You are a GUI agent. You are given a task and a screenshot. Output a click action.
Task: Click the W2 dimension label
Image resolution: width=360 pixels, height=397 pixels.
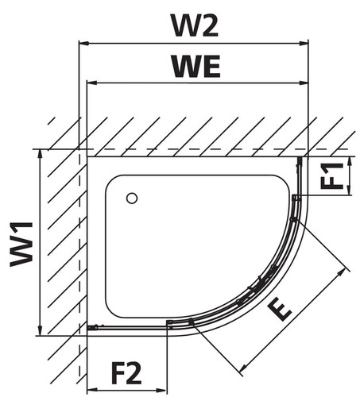[x=195, y=25]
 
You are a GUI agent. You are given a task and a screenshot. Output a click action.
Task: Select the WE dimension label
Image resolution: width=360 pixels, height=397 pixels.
[x=196, y=66]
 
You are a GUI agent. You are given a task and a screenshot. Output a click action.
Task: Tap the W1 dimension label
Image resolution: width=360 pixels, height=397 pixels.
[x=21, y=245]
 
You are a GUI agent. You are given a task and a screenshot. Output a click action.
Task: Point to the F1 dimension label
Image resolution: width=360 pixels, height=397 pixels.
[x=331, y=175]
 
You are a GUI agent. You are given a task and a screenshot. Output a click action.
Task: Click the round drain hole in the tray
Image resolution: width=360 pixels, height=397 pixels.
[x=132, y=198]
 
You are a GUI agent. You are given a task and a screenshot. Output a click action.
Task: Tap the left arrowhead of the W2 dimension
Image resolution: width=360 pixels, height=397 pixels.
[x=83, y=44]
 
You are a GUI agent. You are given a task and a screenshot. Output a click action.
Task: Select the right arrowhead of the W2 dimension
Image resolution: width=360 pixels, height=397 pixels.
[x=304, y=44]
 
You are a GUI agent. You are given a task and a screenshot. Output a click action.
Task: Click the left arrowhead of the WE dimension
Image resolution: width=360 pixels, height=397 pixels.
[x=91, y=83]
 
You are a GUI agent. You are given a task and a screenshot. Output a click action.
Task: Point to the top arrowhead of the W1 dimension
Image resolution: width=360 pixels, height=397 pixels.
[x=40, y=154]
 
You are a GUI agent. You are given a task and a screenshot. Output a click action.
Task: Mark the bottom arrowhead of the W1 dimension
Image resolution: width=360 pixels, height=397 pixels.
[x=40, y=331]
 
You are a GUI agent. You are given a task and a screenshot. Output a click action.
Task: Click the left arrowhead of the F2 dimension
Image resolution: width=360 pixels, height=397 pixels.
[x=91, y=390]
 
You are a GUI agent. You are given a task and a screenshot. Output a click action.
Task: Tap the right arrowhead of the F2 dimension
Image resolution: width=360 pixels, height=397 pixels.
[x=163, y=390]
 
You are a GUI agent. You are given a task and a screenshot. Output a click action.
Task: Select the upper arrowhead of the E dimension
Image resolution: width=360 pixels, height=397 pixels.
[x=343, y=272]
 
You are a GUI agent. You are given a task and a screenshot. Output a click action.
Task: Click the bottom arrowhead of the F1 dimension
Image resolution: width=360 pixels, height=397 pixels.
[x=350, y=191]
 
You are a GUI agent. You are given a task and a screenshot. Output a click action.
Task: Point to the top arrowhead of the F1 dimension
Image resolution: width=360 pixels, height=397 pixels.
[x=350, y=161]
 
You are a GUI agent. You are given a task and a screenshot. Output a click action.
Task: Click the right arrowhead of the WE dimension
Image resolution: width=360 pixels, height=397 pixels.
[x=304, y=83]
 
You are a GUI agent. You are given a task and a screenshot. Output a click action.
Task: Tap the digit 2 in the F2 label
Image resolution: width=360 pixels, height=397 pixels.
[x=134, y=373]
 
